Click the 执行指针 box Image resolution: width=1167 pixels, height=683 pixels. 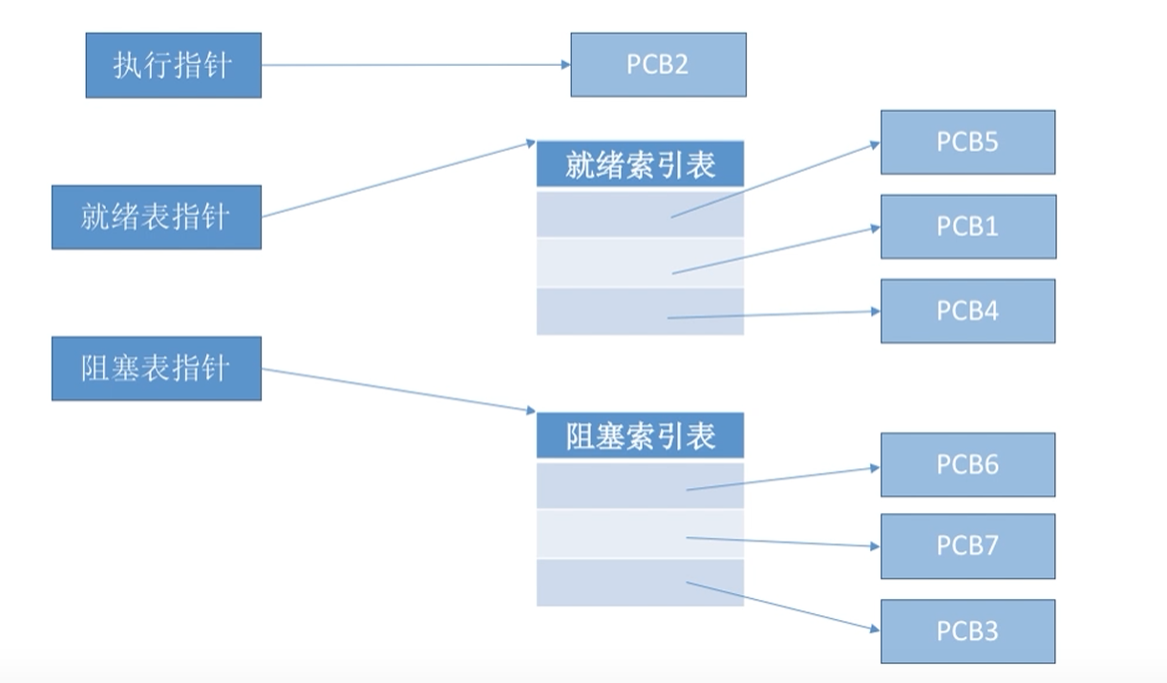point(173,65)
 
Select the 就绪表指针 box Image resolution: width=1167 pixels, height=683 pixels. point(156,217)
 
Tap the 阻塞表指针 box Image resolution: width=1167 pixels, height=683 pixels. point(156,368)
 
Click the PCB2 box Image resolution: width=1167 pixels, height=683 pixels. point(658,65)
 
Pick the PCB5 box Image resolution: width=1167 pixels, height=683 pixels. point(967,142)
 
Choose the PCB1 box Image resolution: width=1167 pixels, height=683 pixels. point(967,226)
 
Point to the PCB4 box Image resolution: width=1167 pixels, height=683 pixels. point(967,310)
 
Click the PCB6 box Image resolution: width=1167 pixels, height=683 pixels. point(967,464)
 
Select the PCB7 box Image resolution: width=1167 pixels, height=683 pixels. point(967,545)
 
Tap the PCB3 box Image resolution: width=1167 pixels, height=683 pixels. point(967,630)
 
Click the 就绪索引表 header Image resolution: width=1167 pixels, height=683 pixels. point(640,165)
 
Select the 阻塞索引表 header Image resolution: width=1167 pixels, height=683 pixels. point(640,437)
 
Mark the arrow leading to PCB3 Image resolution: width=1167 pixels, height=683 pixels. point(783,607)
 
